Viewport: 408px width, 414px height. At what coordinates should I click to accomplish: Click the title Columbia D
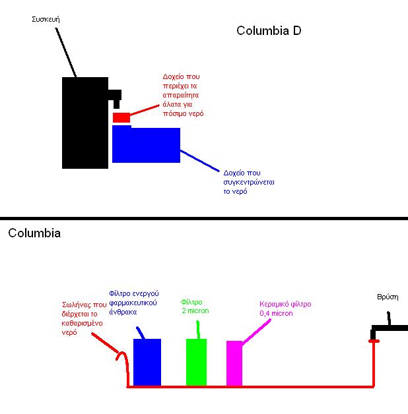(x=269, y=31)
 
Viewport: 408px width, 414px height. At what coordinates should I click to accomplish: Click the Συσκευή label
(x=46, y=20)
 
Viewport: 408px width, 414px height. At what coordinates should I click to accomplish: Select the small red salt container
(x=121, y=117)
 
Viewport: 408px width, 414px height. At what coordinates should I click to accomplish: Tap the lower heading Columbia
(x=34, y=233)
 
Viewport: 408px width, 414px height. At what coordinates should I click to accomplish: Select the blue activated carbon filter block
(x=147, y=362)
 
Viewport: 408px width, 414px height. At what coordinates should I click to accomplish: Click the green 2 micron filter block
(x=197, y=362)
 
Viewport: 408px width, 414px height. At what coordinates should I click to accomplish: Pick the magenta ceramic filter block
(x=234, y=363)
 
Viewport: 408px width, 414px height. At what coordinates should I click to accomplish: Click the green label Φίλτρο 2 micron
(x=195, y=307)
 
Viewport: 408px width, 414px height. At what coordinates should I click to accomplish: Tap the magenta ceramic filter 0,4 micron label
(x=285, y=309)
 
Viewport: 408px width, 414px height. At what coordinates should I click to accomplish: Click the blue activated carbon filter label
(x=134, y=303)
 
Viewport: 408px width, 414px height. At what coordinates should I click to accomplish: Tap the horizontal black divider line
(x=204, y=218)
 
